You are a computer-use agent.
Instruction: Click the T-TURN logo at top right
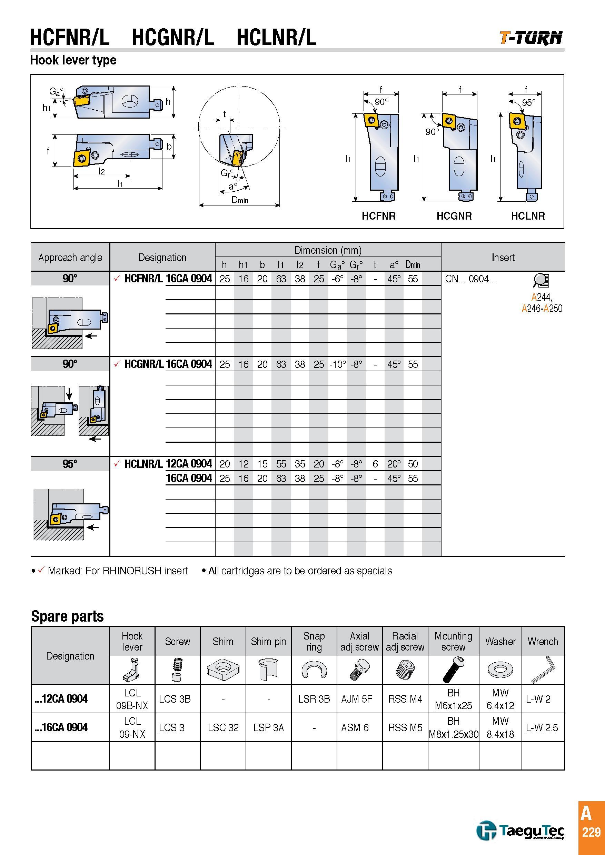click(531, 38)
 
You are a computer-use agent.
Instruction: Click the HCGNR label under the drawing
click(454, 216)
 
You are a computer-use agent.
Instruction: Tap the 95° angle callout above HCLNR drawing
click(528, 102)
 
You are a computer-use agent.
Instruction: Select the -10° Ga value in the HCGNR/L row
click(338, 364)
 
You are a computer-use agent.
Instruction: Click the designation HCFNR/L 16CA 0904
click(168, 279)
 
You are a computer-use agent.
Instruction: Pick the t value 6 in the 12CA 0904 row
click(375, 464)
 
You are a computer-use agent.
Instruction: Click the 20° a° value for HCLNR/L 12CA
click(394, 464)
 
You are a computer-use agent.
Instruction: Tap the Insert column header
click(503, 257)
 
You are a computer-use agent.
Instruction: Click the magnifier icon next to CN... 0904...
click(541, 280)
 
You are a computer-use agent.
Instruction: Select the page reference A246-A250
click(542, 308)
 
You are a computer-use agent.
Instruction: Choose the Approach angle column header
click(70, 257)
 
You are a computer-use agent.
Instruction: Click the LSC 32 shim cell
click(223, 727)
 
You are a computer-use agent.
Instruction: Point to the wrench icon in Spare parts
click(543, 669)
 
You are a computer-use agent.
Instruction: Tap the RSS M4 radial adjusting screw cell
click(405, 699)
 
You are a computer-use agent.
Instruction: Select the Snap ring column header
click(314, 641)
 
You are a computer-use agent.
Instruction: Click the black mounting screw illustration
click(453, 669)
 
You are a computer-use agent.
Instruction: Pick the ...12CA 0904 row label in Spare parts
click(61, 698)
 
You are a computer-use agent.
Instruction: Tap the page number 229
click(591, 832)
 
